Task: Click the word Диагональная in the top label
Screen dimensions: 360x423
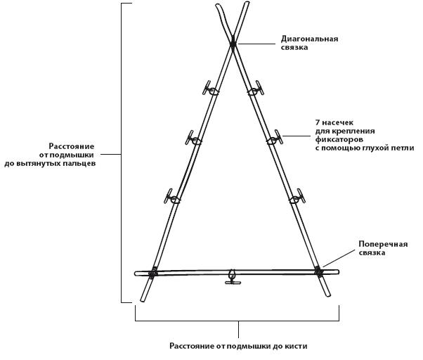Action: pos(309,39)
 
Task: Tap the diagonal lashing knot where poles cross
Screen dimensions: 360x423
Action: pos(233,44)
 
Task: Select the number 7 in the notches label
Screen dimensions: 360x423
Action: pos(318,122)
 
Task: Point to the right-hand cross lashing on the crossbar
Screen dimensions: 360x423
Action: pos(318,271)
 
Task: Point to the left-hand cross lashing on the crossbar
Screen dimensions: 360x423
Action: pos(152,272)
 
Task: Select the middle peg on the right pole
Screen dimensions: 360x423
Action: pos(275,138)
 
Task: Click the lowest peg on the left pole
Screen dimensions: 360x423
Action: pos(171,197)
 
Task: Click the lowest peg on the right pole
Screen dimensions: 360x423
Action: pos(297,197)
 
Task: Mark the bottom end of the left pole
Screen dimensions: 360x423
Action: pos(142,301)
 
